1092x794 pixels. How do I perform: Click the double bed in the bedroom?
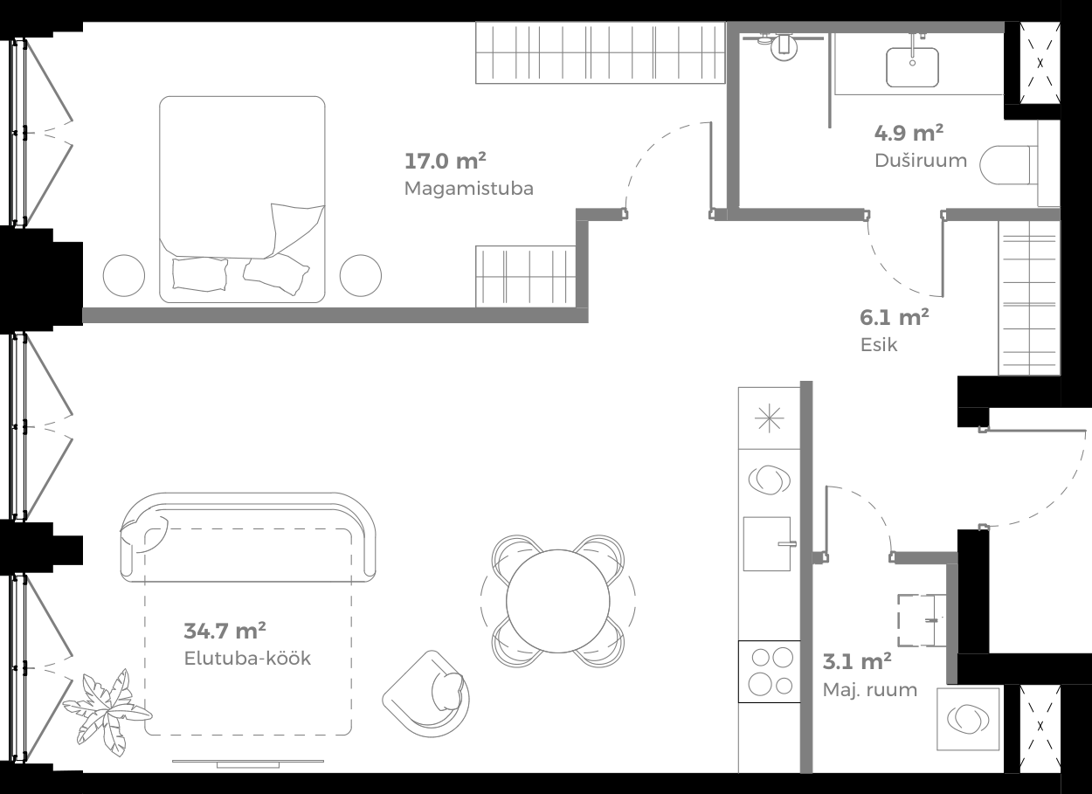tap(242, 198)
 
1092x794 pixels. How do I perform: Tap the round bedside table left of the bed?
tap(124, 276)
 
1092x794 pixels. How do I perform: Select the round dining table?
tap(558, 600)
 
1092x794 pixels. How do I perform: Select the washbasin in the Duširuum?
tap(913, 66)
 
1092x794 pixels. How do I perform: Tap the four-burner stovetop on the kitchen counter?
tap(770, 671)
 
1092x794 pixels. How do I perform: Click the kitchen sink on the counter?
tap(768, 543)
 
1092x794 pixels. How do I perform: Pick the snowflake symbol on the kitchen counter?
tap(769, 419)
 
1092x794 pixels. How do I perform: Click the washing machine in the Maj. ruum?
tap(968, 718)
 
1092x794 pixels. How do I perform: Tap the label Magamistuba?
tap(468, 189)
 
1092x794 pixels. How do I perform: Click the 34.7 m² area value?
tap(225, 630)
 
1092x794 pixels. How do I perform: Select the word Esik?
tap(879, 344)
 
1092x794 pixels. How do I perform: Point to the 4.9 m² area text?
tap(909, 134)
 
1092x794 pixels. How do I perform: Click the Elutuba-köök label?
tap(247, 659)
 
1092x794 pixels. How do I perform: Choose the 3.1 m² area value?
tap(857, 661)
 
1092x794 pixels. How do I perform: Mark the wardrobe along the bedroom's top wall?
tap(600, 53)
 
